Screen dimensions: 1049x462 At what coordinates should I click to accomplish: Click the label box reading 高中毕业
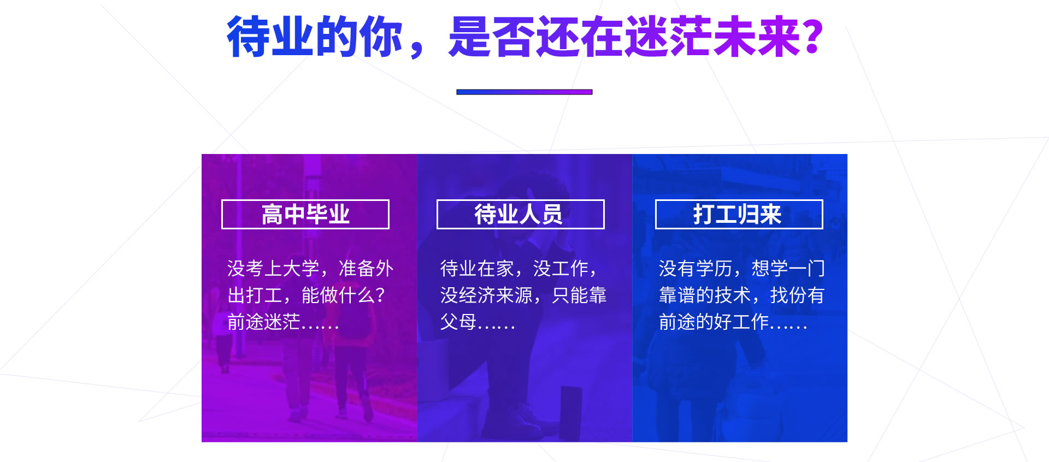(x=305, y=214)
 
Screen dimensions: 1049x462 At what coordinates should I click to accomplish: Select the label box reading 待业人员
(x=521, y=214)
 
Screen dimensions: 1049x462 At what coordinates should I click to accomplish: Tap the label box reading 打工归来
(x=739, y=214)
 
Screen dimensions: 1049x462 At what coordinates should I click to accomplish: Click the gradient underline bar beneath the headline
(x=524, y=92)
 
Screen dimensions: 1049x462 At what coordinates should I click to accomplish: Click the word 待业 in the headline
(x=270, y=37)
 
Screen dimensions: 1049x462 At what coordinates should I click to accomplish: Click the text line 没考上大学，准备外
(x=310, y=269)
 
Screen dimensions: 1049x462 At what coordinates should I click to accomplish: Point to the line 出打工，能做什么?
(x=307, y=295)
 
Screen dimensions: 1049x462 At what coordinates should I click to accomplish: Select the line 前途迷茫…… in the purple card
(x=283, y=322)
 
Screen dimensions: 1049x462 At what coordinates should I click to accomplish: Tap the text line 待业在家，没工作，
(x=520, y=269)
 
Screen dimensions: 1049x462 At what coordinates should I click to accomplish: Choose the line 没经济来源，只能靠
(x=523, y=295)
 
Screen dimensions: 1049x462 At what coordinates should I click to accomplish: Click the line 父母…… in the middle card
(x=478, y=322)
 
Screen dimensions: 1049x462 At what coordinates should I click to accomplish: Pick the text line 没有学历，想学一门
(x=742, y=269)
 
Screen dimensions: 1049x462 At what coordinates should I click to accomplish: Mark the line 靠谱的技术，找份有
(x=742, y=295)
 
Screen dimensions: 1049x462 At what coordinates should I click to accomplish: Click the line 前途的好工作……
(x=733, y=322)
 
